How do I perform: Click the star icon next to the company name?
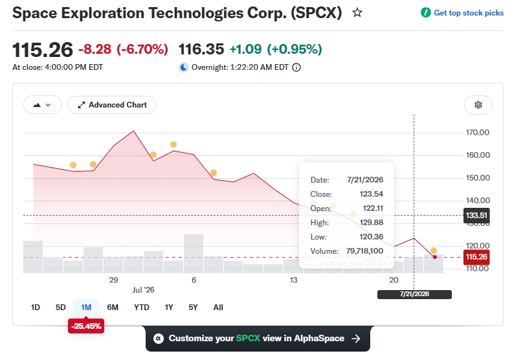[x=357, y=13]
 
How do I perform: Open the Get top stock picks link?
[x=469, y=13]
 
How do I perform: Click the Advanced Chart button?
[x=112, y=105]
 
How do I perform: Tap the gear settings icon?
[x=478, y=105]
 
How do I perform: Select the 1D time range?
[x=35, y=308]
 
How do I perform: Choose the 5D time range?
[x=60, y=308]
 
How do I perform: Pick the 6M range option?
[x=113, y=308]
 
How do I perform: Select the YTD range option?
[x=141, y=308]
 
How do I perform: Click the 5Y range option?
[x=193, y=308]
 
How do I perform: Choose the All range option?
[x=218, y=308]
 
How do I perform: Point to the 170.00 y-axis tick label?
[x=478, y=133]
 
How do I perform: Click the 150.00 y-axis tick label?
[x=478, y=177]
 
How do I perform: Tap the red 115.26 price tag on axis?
[x=476, y=257]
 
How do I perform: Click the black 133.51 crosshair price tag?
[x=476, y=216]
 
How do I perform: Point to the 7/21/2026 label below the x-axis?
[x=414, y=295]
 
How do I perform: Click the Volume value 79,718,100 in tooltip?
[x=364, y=251]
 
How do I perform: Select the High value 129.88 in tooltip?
[x=372, y=223]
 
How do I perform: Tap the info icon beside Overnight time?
[x=296, y=67]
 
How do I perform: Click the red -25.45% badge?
[x=86, y=326]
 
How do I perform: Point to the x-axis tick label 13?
[x=293, y=280]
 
